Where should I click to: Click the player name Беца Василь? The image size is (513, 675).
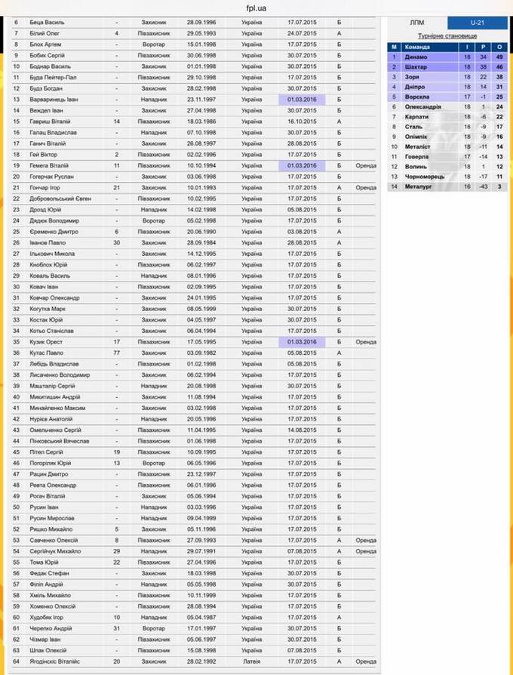[47, 22]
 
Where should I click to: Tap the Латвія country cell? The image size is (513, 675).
[252, 661]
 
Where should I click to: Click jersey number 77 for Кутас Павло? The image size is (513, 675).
[117, 353]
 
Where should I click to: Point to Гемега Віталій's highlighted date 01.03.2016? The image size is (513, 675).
[302, 165]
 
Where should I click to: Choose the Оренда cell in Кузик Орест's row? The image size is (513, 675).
[366, 342]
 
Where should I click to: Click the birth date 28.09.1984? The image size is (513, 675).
[201, 242]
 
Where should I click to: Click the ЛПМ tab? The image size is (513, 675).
[417, 23]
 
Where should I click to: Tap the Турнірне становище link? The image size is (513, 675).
[448, 35]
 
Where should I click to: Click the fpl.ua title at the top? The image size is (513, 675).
[256, 8]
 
